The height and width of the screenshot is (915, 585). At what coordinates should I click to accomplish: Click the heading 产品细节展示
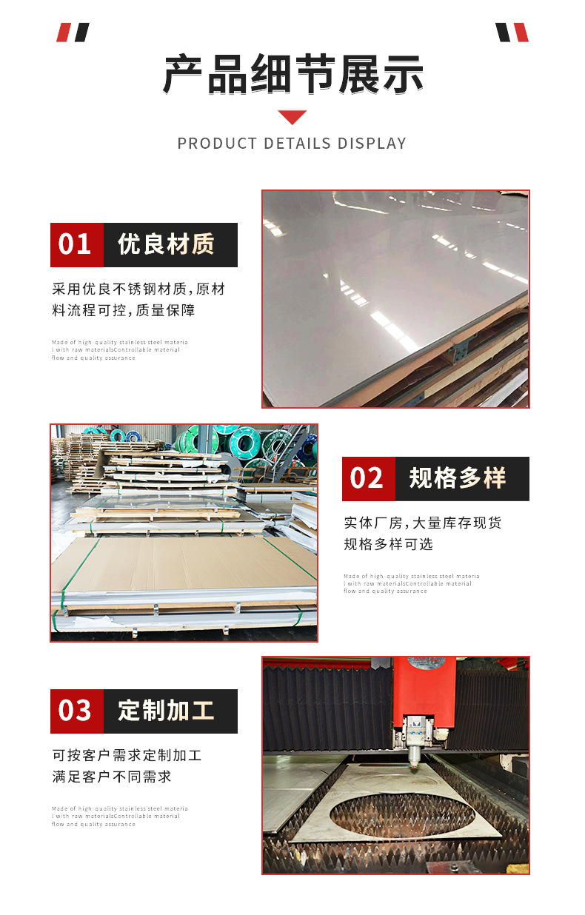pyautogui.click(x=292, y=74)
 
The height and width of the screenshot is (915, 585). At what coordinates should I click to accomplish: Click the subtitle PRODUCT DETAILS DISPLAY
pyautogui.click(x=292, y=143)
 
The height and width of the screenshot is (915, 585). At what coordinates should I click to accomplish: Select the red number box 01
pyautogui.click(x=76, y=244)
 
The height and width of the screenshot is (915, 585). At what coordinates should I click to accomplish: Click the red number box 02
pyautogui.click(x=368, y=478)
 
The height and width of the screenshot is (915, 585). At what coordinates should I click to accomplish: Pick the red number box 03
pyautogui.click(x=76, y=711)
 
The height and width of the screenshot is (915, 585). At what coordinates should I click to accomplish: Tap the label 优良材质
pyautogui.click(x=167, y=244)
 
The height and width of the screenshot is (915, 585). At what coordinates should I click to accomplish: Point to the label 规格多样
pyautogui.click(x=458, y=478)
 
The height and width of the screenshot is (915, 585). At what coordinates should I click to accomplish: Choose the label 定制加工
pyautogui.click(x=167, y=711)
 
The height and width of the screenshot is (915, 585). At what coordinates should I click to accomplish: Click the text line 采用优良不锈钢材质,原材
pyautogui.click(x=138, y=289)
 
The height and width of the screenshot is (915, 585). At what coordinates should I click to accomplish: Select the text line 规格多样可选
pyautogui.click(x=389, y=544)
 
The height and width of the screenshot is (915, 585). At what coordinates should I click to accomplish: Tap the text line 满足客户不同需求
pyautogui.click(x=112, y=777)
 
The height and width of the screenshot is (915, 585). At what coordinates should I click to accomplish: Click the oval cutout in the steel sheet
pyautogui.click(x=402, y=812)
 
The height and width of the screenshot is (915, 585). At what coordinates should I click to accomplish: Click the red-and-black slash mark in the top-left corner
pyautogui.click(x=73, y=33)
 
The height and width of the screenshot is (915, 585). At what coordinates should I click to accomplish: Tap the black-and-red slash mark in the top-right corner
pyautogui.click(x=512, y=33)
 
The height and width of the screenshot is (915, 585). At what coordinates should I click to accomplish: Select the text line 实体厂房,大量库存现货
pyautogui.click(x=423, y=523)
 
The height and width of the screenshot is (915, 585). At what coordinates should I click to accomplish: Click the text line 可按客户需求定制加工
pyautogui.click(x=127, y=755)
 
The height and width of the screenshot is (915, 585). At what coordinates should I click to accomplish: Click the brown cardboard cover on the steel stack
pyautogui.click(x=185, y=563)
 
